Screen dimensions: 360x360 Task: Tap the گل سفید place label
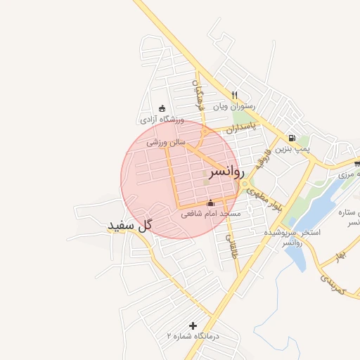tap(130, 226)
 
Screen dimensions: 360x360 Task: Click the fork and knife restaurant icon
tap(235, 95)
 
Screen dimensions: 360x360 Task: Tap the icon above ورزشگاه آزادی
tap(162, 108)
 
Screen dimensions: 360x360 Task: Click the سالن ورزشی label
tap(166, 142)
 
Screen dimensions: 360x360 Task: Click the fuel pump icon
tap(291, 139)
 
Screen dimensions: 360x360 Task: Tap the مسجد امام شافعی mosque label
tap(211, 214)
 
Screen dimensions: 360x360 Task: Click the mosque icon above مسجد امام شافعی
tap(210, 203)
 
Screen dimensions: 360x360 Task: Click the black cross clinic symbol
tap(193, 326)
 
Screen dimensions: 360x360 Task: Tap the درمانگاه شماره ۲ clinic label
tap(193, 336)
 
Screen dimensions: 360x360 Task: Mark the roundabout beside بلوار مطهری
tap(245, 184)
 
